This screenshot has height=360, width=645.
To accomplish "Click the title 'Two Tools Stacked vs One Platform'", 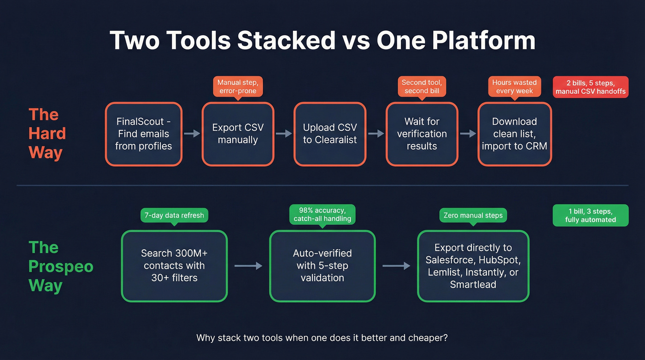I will (322, 41).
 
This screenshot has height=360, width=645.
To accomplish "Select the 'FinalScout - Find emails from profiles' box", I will (143, 134).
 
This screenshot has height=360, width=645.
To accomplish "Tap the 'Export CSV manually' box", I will (238, 134).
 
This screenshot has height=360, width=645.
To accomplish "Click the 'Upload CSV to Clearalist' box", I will (330, 134).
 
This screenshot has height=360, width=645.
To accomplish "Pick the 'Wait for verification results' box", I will (422, 134).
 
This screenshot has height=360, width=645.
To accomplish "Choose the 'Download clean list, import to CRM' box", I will (514, 134).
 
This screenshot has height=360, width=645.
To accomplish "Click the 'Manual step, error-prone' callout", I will (238, 87).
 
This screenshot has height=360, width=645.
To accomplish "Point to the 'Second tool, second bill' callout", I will (422, 87).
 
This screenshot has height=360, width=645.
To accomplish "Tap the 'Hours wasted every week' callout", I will (514, 87).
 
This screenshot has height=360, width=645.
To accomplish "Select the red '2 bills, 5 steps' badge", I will (591, 87).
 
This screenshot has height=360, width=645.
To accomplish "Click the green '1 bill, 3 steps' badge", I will (591, 215).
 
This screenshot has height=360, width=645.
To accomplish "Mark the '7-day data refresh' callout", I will (174, 215).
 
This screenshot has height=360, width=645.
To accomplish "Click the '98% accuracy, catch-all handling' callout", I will (322, 214).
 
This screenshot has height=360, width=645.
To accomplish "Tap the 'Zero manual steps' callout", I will (473, 215).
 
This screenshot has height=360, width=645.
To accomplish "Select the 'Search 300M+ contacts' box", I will (174, 266).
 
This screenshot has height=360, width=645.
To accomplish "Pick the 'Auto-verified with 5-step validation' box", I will (322, 266).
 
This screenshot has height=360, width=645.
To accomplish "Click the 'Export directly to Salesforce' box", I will (473, 266).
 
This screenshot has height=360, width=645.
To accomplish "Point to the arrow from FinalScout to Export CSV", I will (192, 134).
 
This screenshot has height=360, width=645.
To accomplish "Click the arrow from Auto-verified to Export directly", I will (396, 266).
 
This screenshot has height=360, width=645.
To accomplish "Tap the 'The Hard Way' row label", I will (47, 134).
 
